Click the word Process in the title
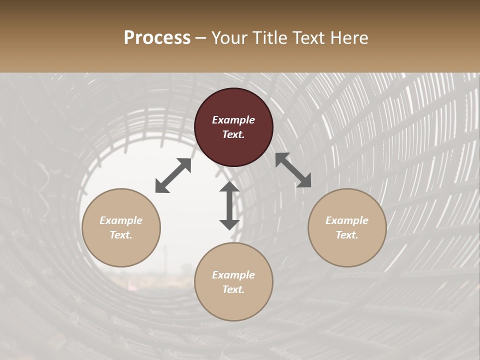[157, 38]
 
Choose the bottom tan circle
[233, 305]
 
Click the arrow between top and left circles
[173, 175]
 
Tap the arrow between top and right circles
[293, 170]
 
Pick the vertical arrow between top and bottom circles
[229, 205]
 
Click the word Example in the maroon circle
[233, 120]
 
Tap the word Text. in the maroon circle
[233, 134]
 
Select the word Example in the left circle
[121, 220]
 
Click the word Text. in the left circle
[121, 235]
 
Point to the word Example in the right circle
[347, 220]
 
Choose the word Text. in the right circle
[347, 235]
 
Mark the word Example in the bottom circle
[233, 275]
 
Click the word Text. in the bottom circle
[233, 289]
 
